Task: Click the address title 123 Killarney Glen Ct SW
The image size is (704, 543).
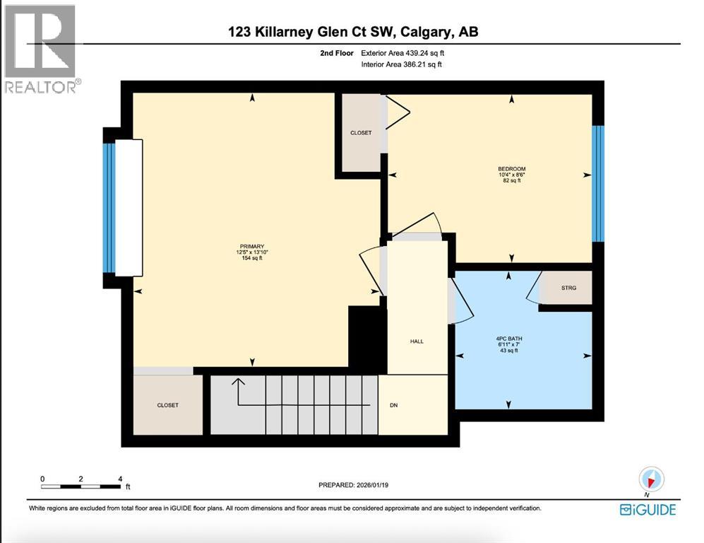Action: click(354, 32)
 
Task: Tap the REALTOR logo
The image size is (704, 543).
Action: click(41, 49)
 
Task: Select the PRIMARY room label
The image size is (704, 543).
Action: click(250, 247)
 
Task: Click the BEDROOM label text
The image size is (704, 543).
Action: click(511, 168)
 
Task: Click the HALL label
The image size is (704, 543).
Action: click(417, 341)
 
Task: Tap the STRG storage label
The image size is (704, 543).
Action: click(568, 288)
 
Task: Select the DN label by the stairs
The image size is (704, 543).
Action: click(395, 406)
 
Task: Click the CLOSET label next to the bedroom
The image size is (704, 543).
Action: click(361, 133)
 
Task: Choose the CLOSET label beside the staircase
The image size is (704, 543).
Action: click(167, 405)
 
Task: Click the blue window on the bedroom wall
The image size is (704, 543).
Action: click(598, 184)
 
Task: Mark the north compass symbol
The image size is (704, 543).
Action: click(651, 480)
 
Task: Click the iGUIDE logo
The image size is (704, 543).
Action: click(648, 509)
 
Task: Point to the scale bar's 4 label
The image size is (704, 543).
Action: click(120, 479)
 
